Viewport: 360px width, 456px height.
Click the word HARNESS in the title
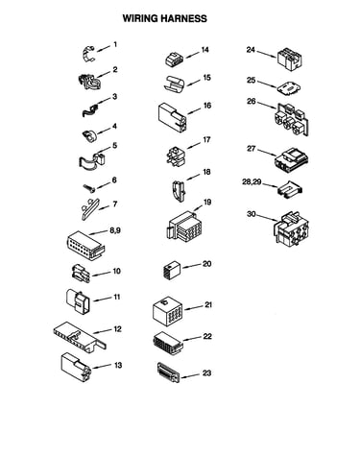click(183, 18)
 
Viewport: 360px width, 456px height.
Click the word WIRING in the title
click(140, 18)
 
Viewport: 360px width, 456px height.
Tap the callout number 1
click(115, 44)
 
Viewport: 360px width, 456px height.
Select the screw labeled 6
click(89, 188)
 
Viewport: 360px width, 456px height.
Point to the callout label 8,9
click(115, 230)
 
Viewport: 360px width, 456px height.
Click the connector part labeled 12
click(80, 337)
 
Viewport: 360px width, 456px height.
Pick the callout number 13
click(118, 365)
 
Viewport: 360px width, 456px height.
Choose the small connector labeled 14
click(175, 60)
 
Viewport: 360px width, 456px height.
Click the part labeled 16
click(173, 117)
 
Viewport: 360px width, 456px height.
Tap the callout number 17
click(206, 140)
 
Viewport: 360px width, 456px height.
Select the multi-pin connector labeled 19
click(184, 227)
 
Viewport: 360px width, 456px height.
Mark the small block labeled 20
click(172, 271)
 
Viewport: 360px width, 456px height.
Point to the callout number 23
click(206, 373)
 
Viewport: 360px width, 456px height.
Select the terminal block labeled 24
click(290, 59)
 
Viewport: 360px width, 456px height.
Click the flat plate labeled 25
click(289, 87)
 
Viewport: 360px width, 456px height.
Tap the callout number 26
click(252, 102)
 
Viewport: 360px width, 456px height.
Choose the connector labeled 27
click(292, 158)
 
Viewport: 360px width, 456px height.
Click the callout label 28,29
click(252, 182)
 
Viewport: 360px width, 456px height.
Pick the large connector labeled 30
click(291, 228)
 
